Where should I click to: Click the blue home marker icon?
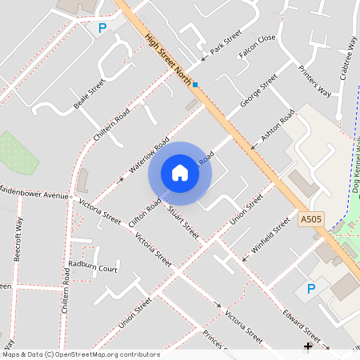[x=180, y=173]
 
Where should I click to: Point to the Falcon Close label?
[x=257, y=48]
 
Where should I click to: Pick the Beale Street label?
[x=89, y=94]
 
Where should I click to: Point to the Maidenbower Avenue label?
[x=34, y=194]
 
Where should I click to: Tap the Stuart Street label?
[x=183, y=223]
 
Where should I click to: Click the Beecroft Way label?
[x=18, y=239]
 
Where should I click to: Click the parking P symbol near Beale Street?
[x=102, y=29]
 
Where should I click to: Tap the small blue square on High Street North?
[x=195, y=84]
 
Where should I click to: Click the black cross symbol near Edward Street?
[x=308, y=346]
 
